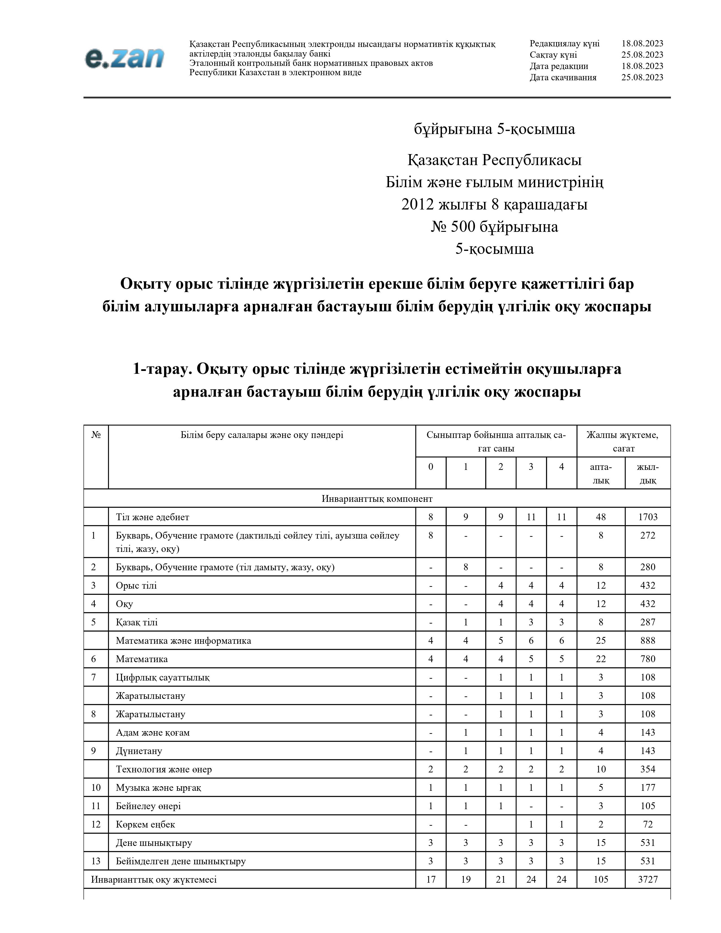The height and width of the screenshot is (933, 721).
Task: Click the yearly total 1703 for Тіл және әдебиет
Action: [x=647, y=517]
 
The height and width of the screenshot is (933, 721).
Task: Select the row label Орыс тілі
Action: [x=136, y=585]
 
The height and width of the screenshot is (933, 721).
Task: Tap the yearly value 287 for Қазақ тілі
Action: [x=647, y=622]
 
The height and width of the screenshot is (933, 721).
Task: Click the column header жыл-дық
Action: [x=647, y=473]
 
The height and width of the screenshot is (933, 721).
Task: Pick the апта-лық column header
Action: [x=601, y=473]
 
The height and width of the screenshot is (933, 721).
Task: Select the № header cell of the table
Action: [x=96, y=435]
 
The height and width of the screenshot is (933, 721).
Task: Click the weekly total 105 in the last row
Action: [x=601, y=879]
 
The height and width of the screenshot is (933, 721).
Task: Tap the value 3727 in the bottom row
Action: [x=647, y=879]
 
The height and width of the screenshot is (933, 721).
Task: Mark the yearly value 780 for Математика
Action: [x=647, y=659]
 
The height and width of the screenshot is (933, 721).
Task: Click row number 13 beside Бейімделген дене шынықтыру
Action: [x=96, y=861]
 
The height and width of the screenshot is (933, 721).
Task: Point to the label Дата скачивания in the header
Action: [x=563, y=77]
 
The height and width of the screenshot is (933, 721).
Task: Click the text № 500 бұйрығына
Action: [x=494, y=226]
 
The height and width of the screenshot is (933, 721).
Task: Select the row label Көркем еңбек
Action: [x=145, y=824]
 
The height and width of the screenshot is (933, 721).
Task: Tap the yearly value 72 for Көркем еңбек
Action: [x=647, y=824]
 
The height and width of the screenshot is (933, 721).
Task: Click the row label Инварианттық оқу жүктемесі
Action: [x=154, y=879]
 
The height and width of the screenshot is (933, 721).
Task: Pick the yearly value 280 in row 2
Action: [x=647, y=567]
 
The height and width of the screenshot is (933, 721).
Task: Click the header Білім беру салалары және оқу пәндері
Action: [x=262, y=435]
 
